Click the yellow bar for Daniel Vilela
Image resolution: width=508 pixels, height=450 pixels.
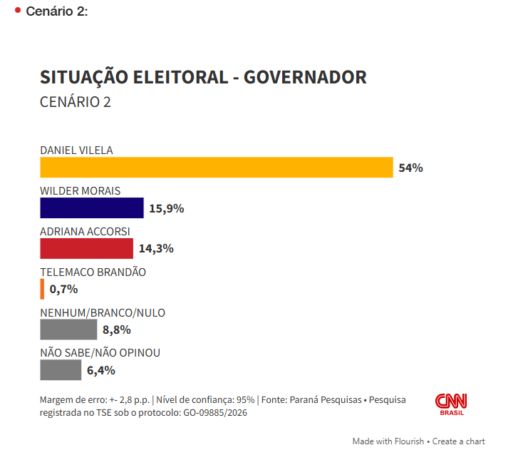[217, 168]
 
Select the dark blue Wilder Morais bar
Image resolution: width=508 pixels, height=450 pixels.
[92, 208]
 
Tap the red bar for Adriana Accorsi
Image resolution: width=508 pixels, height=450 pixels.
[86, 248]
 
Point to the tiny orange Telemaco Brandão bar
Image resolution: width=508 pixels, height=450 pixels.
[43, 289]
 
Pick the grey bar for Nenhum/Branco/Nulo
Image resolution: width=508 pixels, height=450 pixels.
[68, 329]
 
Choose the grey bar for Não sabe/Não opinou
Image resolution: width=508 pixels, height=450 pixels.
[61, 370]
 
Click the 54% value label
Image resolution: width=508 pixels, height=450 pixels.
[411, 168]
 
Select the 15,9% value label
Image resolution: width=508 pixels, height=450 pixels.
[167, 208]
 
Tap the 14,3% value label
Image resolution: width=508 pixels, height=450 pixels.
[156, 249]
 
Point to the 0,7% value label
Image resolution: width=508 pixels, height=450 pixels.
[63, 290]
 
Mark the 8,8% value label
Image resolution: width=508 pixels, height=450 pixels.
[117, 329]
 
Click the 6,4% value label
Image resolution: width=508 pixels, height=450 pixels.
[101, 370]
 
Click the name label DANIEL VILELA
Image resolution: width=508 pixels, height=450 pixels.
[76, 150]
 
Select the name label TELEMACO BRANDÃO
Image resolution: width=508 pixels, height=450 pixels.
[93, 272]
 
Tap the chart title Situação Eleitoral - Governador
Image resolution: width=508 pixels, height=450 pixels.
[203, 77]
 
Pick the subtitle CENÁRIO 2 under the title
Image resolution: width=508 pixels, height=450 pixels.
[76, 102]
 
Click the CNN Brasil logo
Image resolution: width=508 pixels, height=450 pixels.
[451, 404]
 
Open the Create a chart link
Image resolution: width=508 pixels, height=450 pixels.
[459, 441]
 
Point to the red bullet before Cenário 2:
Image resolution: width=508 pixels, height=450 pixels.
[17, 10]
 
